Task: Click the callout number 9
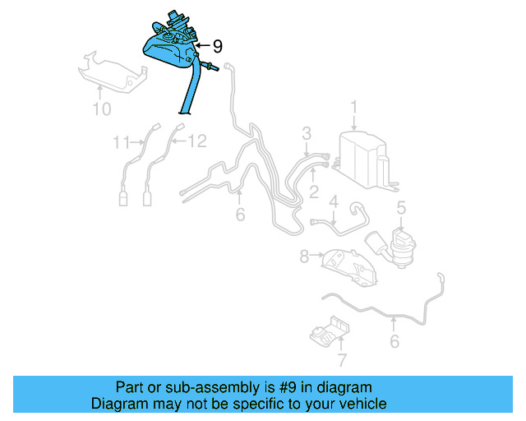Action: click(x=218, y=46)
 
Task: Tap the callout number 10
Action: click(x=102, y=109)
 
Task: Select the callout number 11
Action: click(x=121, y=142)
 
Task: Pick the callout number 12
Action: click(x=197, y=141)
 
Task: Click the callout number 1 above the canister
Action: click(x=354, y=108)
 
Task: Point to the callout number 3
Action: click(x=307, y=133)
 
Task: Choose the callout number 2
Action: click(x=314, y=192)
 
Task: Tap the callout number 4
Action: click(x=334, y=201)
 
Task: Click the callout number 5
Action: click(x=401, y=208)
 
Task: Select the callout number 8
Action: click(x=304, y=257)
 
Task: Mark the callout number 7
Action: click(x=342, y=360)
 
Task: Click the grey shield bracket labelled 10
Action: click(x=112, y=74)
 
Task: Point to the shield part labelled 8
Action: click(x=348, y=267)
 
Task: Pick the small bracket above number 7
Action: click(x=330, y=331)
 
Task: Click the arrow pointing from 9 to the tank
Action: click(x=203, y=45)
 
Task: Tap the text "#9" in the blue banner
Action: click(x=287, y=388)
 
